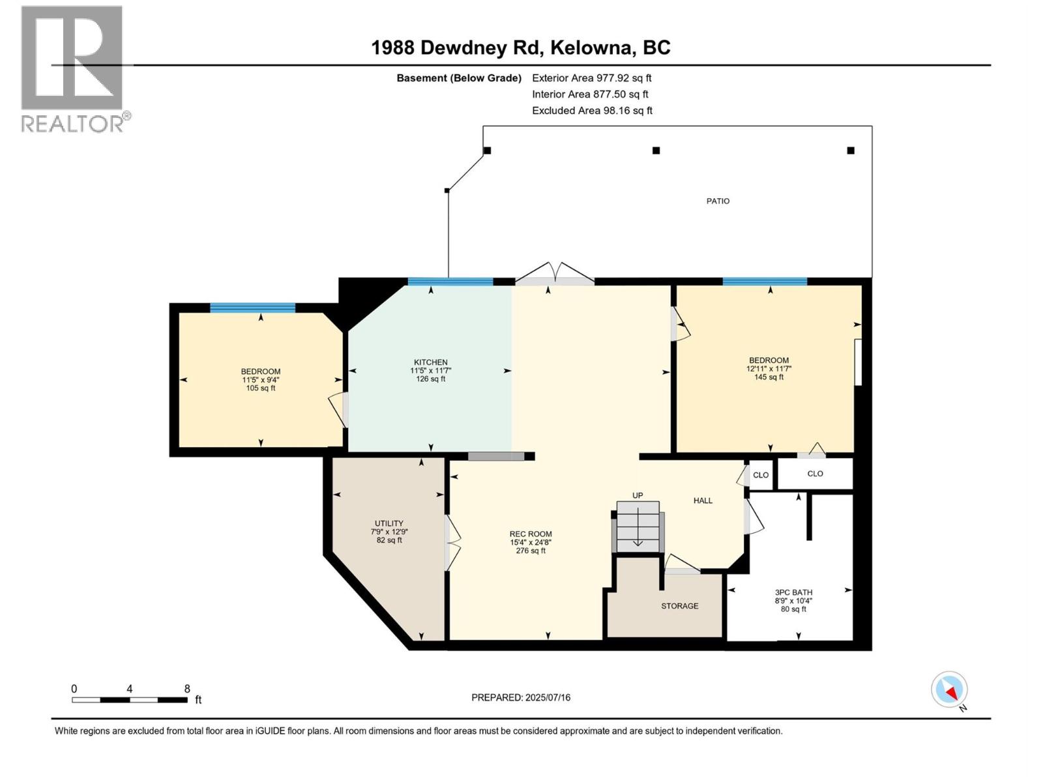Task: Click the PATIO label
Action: click(x=718, y=201)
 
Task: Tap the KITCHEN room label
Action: click(x=430, y=362)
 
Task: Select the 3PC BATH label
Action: click(x=793, y=592)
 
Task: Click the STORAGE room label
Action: click(x=679, y=606)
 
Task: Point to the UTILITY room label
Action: click(x=389, y=523)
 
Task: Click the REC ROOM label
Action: click(x=531, y=534)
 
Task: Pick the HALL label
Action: click(x=703, y=500)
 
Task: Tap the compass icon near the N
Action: click(x=949, y=689)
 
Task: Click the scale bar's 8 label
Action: click(x=187, y=689)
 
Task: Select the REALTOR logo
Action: click(x=72, y=68)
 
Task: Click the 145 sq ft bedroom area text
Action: click(x=769, y=377)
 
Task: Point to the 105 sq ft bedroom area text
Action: click(x=260, y=388)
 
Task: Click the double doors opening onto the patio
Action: click(x=555, y=275)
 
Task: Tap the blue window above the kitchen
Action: click(x=450, y=282)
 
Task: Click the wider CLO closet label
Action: click(x=815, y=474)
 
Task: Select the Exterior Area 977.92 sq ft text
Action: click(x=591, y=78)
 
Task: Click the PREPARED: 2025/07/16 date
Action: click(x=521, y=697)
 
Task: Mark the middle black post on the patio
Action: click(x=656, y=151)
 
